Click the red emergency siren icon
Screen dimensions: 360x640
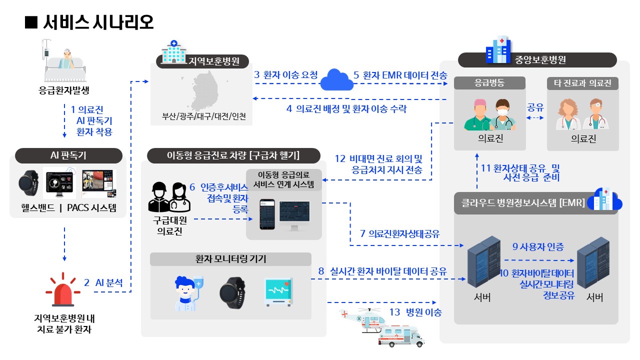click(x=63, y=290)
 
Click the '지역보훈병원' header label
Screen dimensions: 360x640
click(x=204, y=61)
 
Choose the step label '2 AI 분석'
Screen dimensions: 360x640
click(x=103, y=282)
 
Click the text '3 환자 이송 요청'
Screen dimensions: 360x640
click(x=285, y=75)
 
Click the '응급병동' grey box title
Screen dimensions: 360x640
click(x=489, y=83)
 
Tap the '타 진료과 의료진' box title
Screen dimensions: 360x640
click(x=582, y=83)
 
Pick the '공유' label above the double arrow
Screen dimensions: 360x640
click(x=535, y=107)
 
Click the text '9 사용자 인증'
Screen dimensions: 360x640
click(x=538, y=246)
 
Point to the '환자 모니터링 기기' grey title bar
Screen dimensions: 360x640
click(x=230, y=259)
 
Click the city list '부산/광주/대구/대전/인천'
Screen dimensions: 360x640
click(x=203, y=117)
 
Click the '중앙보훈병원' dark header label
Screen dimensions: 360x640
click(x=537, y=60)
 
